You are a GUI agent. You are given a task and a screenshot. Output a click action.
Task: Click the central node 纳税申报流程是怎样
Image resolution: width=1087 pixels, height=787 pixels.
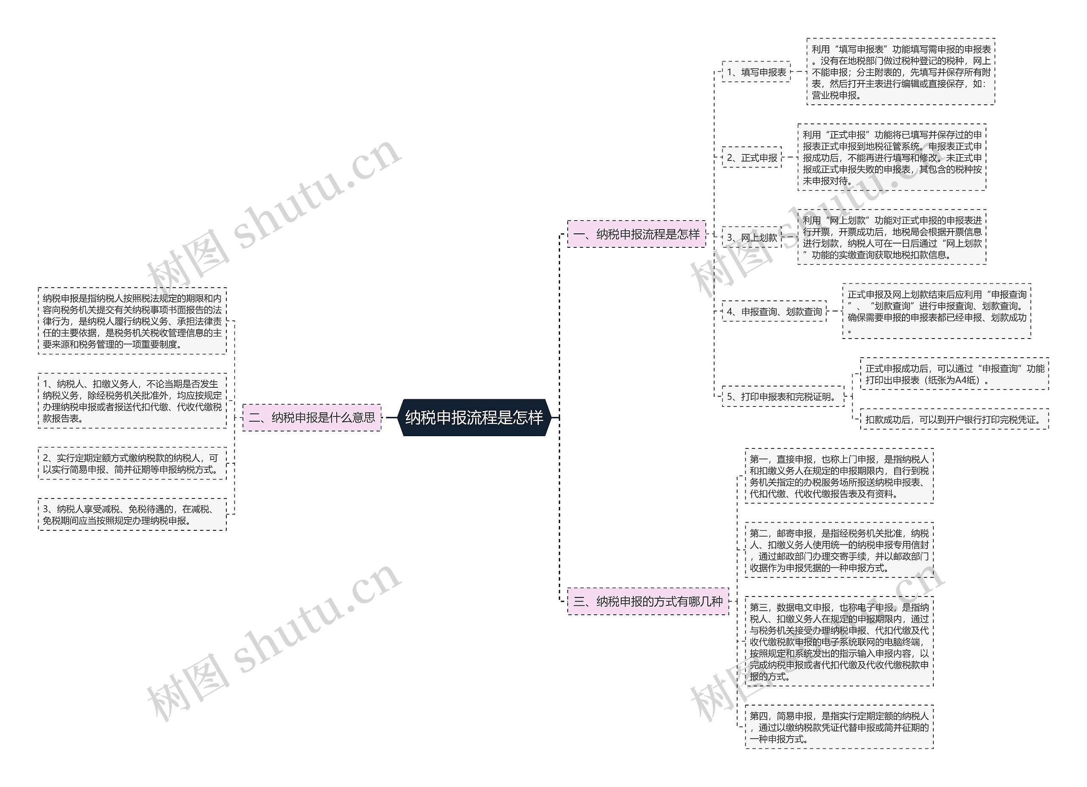click(473, 417)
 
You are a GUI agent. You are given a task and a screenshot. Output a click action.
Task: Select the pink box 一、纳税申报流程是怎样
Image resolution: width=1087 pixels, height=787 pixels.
click(636, 234)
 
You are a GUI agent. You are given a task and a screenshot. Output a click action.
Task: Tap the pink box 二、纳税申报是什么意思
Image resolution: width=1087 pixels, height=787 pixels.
click(312, 417)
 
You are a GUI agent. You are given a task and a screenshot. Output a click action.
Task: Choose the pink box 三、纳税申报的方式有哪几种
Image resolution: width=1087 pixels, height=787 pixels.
click(648, 601)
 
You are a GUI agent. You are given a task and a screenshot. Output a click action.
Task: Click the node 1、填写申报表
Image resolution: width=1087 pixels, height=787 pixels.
click(756, 72)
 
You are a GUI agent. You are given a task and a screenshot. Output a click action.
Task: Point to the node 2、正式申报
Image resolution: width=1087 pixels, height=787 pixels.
click(752, 157)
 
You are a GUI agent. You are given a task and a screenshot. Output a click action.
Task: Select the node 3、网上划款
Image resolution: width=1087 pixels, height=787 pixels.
click(752, 237)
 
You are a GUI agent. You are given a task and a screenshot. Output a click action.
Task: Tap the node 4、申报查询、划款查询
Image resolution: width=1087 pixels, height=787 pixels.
click(774, 311)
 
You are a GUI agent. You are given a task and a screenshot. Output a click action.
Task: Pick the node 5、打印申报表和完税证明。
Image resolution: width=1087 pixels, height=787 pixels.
click(783, 397)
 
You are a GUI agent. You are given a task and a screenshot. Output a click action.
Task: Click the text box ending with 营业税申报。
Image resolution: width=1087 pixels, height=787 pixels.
click(901, 72)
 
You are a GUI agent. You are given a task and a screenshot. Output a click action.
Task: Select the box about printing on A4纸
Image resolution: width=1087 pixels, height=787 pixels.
click(954, 374)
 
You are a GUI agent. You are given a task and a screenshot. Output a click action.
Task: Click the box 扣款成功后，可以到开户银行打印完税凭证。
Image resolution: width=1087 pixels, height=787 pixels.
click(954, 420)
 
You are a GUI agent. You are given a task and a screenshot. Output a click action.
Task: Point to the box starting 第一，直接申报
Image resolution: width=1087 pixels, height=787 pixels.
click(839, 476)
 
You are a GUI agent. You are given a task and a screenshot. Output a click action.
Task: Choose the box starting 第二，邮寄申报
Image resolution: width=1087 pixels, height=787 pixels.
click(839, 550)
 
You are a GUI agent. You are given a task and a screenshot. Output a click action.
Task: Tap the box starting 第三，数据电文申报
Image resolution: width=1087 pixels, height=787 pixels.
click(839, 641)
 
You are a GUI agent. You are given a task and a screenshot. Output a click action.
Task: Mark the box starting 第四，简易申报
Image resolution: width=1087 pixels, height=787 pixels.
click(839, 727)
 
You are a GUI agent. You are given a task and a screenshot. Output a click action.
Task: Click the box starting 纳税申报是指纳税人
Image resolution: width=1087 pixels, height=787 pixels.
click(132, 321)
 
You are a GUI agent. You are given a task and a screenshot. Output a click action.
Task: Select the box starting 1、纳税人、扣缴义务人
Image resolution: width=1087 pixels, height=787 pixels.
click(132, 401)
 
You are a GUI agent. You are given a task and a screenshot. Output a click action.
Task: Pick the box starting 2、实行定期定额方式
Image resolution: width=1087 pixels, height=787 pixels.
click(132, 463)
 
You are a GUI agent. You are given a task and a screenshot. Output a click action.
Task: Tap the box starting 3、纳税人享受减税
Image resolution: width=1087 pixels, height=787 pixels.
click(132, 515)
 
